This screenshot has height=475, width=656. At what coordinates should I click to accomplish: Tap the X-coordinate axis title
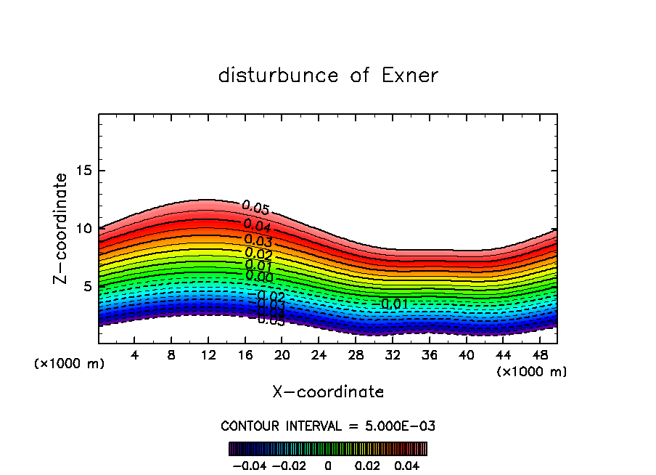pos(328,392)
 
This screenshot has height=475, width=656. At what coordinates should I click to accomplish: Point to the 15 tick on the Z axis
pos(84,171)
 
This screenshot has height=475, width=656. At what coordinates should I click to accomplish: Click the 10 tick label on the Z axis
pos(84,229)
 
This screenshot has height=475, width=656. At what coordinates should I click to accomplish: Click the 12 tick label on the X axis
pos(208,356)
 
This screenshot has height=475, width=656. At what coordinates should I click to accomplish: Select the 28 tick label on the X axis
pos(356,356)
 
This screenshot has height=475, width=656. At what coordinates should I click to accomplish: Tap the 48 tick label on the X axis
pos(539,356)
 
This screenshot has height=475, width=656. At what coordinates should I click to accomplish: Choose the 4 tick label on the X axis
pos(135,356)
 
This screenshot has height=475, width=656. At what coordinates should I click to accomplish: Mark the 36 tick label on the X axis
pos(429,356)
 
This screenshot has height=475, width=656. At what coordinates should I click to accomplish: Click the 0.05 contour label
pos(255,208)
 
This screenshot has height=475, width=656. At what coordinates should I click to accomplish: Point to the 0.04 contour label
pos(257,226)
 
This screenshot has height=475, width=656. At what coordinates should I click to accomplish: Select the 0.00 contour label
pos(259,276)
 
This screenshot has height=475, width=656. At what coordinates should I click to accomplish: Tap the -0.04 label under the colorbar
pos(249,464)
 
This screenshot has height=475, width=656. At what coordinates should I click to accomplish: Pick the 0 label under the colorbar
pos(328,464)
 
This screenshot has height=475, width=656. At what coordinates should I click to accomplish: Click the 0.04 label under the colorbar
pos(406,464)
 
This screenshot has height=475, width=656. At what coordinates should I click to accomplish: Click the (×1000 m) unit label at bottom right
pos(531,371)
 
